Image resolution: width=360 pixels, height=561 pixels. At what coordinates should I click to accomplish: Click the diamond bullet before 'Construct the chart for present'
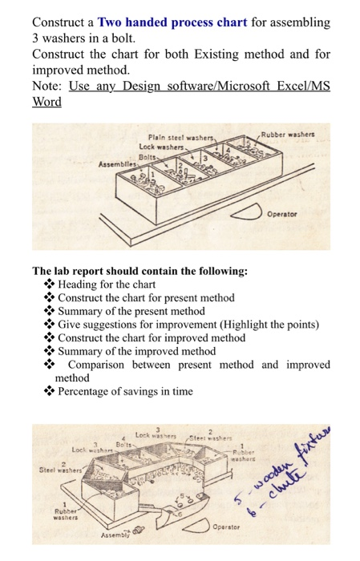(x=50, y=297)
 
